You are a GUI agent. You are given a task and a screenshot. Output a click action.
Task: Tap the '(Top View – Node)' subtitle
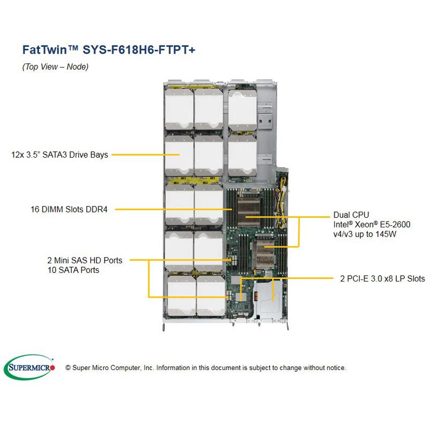tap(55, 67)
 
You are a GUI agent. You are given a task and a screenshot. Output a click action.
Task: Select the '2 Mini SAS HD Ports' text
tap(85, 261)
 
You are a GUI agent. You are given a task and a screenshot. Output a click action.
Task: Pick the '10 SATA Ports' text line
tap(73, 270)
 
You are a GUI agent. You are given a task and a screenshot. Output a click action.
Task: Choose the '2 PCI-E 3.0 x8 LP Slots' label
tap(382, 278)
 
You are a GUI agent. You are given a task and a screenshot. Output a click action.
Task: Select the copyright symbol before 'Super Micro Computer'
tap(68, 368)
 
